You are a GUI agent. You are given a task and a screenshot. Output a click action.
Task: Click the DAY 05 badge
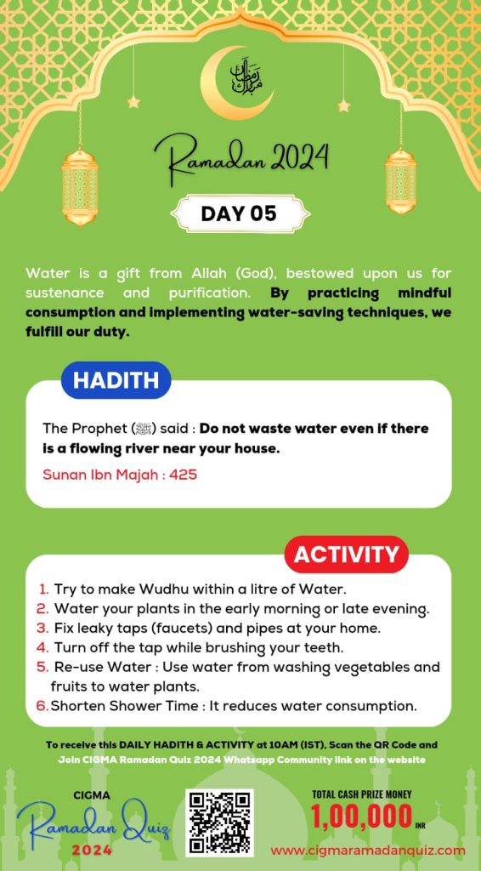[x=240, y=213]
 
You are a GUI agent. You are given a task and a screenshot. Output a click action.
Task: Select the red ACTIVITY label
[x=345, y=555]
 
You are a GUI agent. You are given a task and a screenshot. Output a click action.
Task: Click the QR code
[x=219, y=822]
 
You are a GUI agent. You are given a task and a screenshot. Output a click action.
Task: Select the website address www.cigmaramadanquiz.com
[x=368, y=850]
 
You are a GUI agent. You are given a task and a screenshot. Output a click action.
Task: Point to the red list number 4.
[x=42, y=647]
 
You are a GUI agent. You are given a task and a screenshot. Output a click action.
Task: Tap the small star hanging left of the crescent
[x=133, y=102]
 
